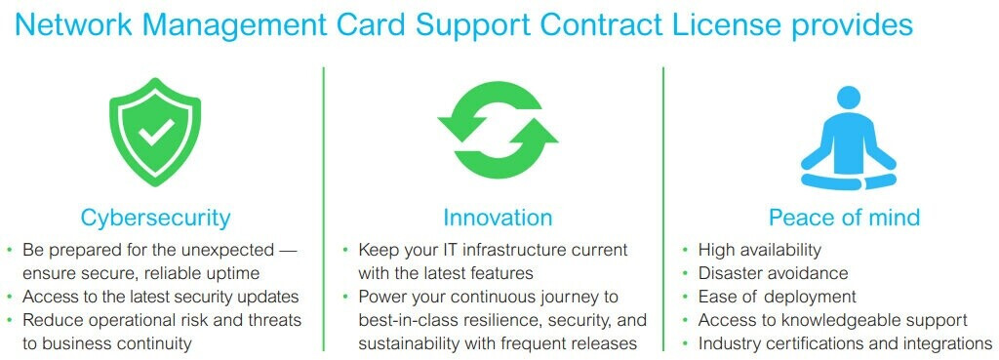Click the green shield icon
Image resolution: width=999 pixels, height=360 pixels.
[x=155, y=132]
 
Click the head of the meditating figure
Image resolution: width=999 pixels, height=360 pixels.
[x=848, y=99]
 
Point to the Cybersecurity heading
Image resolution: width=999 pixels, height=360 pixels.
[x=155, y=218]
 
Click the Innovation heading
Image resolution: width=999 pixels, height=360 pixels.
[x=498, y=218]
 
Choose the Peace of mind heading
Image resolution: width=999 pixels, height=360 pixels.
[x=844, y=218]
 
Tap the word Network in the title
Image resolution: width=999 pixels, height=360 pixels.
[x=74, y=24]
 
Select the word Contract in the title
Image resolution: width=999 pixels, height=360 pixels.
[x=598, y=24]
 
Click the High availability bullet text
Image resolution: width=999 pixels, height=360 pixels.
[x=759, y=250]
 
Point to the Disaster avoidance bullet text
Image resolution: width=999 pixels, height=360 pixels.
[x=773, y=273]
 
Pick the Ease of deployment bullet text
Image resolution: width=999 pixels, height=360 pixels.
[x=778, y=297]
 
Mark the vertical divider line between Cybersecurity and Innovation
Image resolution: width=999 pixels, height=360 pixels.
[x=323, y=209]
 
